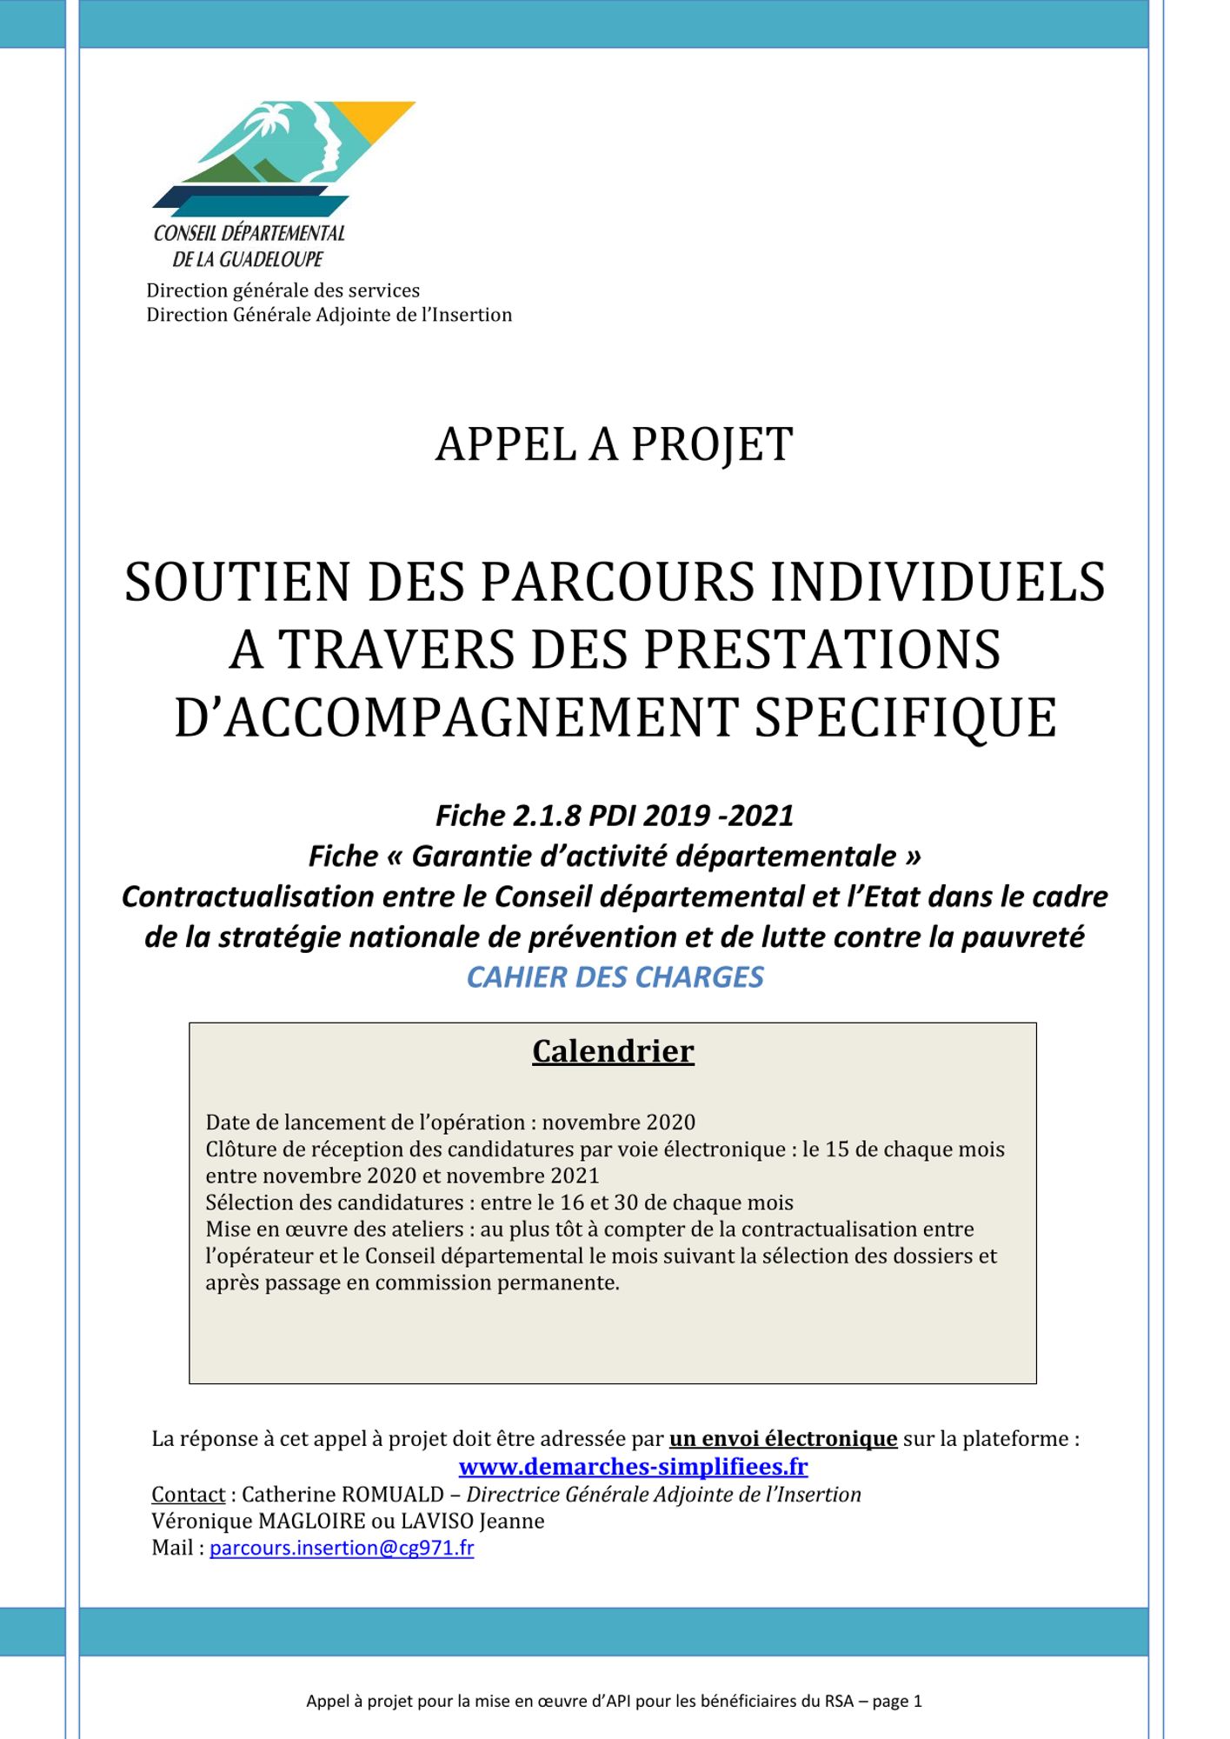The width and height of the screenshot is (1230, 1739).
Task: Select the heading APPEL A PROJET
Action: click(x=614, y=444)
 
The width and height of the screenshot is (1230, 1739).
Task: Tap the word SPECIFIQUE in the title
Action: click(x=905, y=717)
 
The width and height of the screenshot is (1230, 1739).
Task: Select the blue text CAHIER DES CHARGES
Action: click(x=615, y=977)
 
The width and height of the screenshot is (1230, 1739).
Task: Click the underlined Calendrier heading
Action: click(x=613, y=1051)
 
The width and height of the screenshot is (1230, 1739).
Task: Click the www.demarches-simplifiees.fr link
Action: click(x=633, y=1467)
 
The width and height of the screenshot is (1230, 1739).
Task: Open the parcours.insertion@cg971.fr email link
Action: click(x=342, y=1548)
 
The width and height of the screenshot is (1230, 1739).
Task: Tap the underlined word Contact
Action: click(x=189, y=1494)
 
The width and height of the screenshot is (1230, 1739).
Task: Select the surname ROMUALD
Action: click(x=393, y=1494)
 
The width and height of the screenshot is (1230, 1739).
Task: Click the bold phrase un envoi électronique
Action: click(x=782, y=1439)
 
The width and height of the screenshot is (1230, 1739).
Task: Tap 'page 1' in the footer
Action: click(x=895, y=1702)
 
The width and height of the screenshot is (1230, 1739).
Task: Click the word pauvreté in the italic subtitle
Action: click(x=1022, y=937)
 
